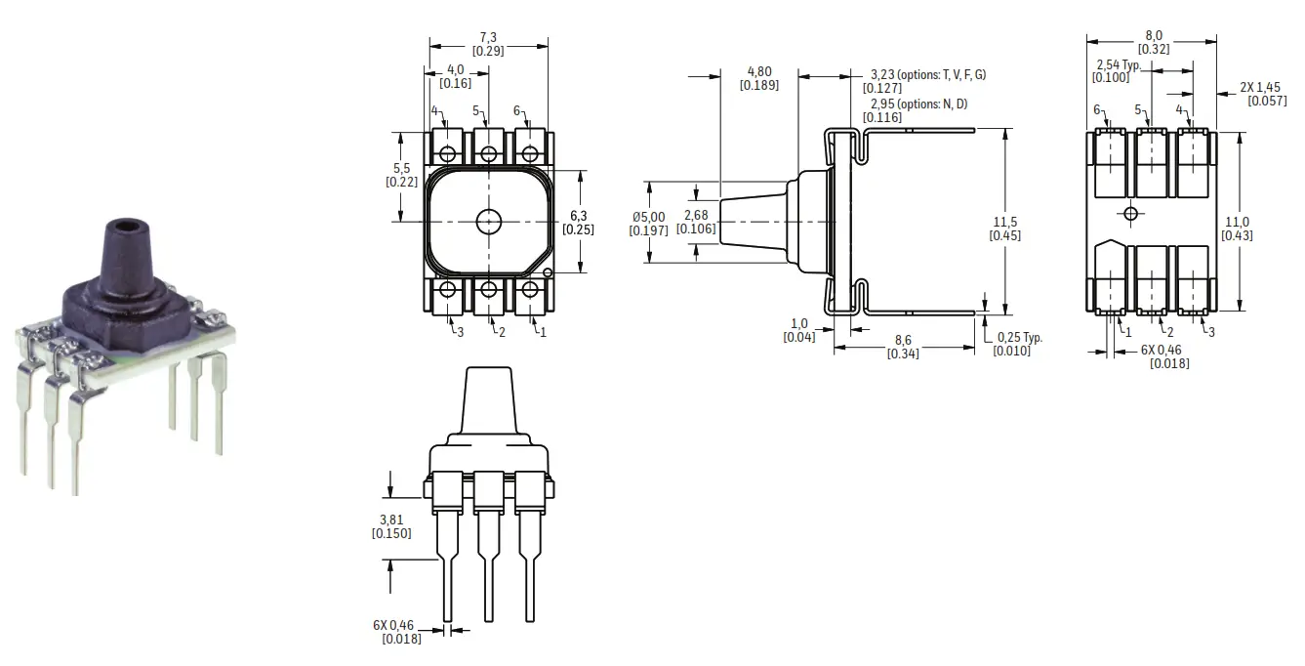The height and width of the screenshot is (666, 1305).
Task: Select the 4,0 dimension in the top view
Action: pyautogui.click(x=455, y=70)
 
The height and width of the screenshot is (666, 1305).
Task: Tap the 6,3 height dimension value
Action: pyautogui.click(x=578, y=216)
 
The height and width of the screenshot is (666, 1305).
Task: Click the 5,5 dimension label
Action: pyautogui.click(x=401, y=168)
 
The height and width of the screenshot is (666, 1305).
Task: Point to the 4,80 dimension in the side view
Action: pyautogui.click(x=758, y=71)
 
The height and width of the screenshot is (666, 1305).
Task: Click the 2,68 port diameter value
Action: pyautogui.click(x=696, y=216)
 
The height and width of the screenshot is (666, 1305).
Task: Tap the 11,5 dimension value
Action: pyautogui.click(x=1005, y=222)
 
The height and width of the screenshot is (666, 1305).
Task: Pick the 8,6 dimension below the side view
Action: pyautogui.click(x=903, y=340)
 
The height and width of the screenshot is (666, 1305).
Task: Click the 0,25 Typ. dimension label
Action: pyautogui.click(x=1019, y=337)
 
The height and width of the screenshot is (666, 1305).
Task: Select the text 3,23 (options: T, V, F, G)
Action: pyautogui.click(x=928, y=75)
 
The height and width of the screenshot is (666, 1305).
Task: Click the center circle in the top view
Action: pyautogui.click(x=488, y=221)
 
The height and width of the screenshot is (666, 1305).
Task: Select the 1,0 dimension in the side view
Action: pyautogui.click(x=799, y=324)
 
